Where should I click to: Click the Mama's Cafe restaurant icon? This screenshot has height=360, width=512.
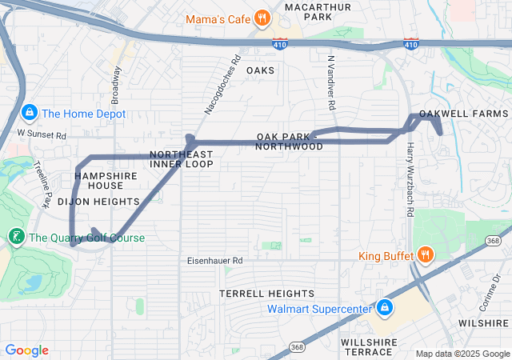pyautogui.click(x=262, y=18)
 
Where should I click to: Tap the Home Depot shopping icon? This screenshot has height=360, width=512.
pyautogui.click(x=30, y=114)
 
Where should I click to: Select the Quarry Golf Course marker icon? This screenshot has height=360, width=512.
pyautogui.click(x=15, y=237)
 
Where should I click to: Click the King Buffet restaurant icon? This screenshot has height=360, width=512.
pyautogui.click(x=425, y=256)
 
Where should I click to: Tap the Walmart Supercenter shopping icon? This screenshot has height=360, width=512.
pyautogui.click(x=385, y=308)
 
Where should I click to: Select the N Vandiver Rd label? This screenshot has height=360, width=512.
pyautogui.click(x=331, y=82)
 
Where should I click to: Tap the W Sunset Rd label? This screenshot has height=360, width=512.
pyautogui.click(x=42, y=135)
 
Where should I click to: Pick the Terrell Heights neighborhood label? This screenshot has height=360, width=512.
pyautogui.click(x=266, y=294)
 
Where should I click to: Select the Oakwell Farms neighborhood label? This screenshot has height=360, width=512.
pyautogui.click(x=463, y=114)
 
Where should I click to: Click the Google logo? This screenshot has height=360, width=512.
pyautogui.click(x=26, y=350)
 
